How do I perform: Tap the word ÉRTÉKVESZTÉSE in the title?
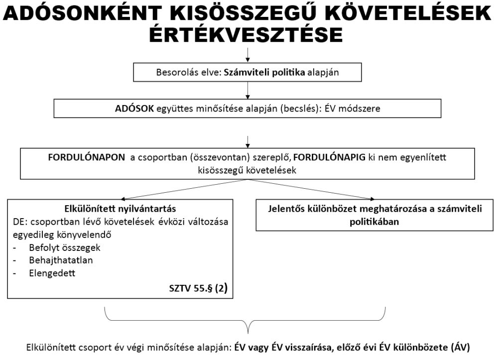pos(247,35)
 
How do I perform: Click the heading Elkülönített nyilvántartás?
pos(120,209)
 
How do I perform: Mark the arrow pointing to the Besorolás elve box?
pos(248,55)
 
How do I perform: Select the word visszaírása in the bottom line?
pos(301,347)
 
